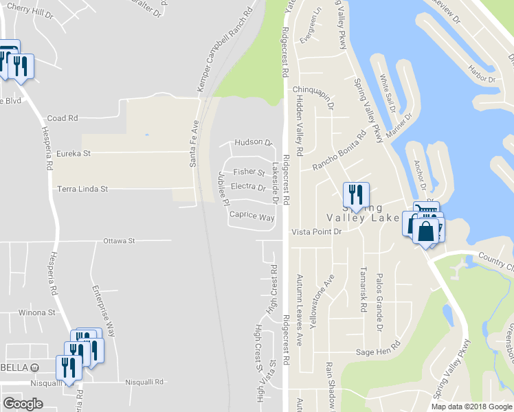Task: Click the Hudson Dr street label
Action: (x=254, y=142)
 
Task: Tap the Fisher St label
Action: (x=249, y=172)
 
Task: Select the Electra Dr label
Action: (x=248, y=187)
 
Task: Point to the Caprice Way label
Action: (x=252, y=216)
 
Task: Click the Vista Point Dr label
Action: (x=316, y=232)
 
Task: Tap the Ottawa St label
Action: (x=120, y=241)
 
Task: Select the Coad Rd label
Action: (x=62, y=118)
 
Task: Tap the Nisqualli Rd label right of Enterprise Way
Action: (x=145, y=382)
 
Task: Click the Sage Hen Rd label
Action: (x=377, y=352)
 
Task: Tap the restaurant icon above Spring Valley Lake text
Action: (x=356, y=194)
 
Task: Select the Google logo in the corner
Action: (x=23, y=404)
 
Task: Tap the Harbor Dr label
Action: (x=480, y=79)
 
